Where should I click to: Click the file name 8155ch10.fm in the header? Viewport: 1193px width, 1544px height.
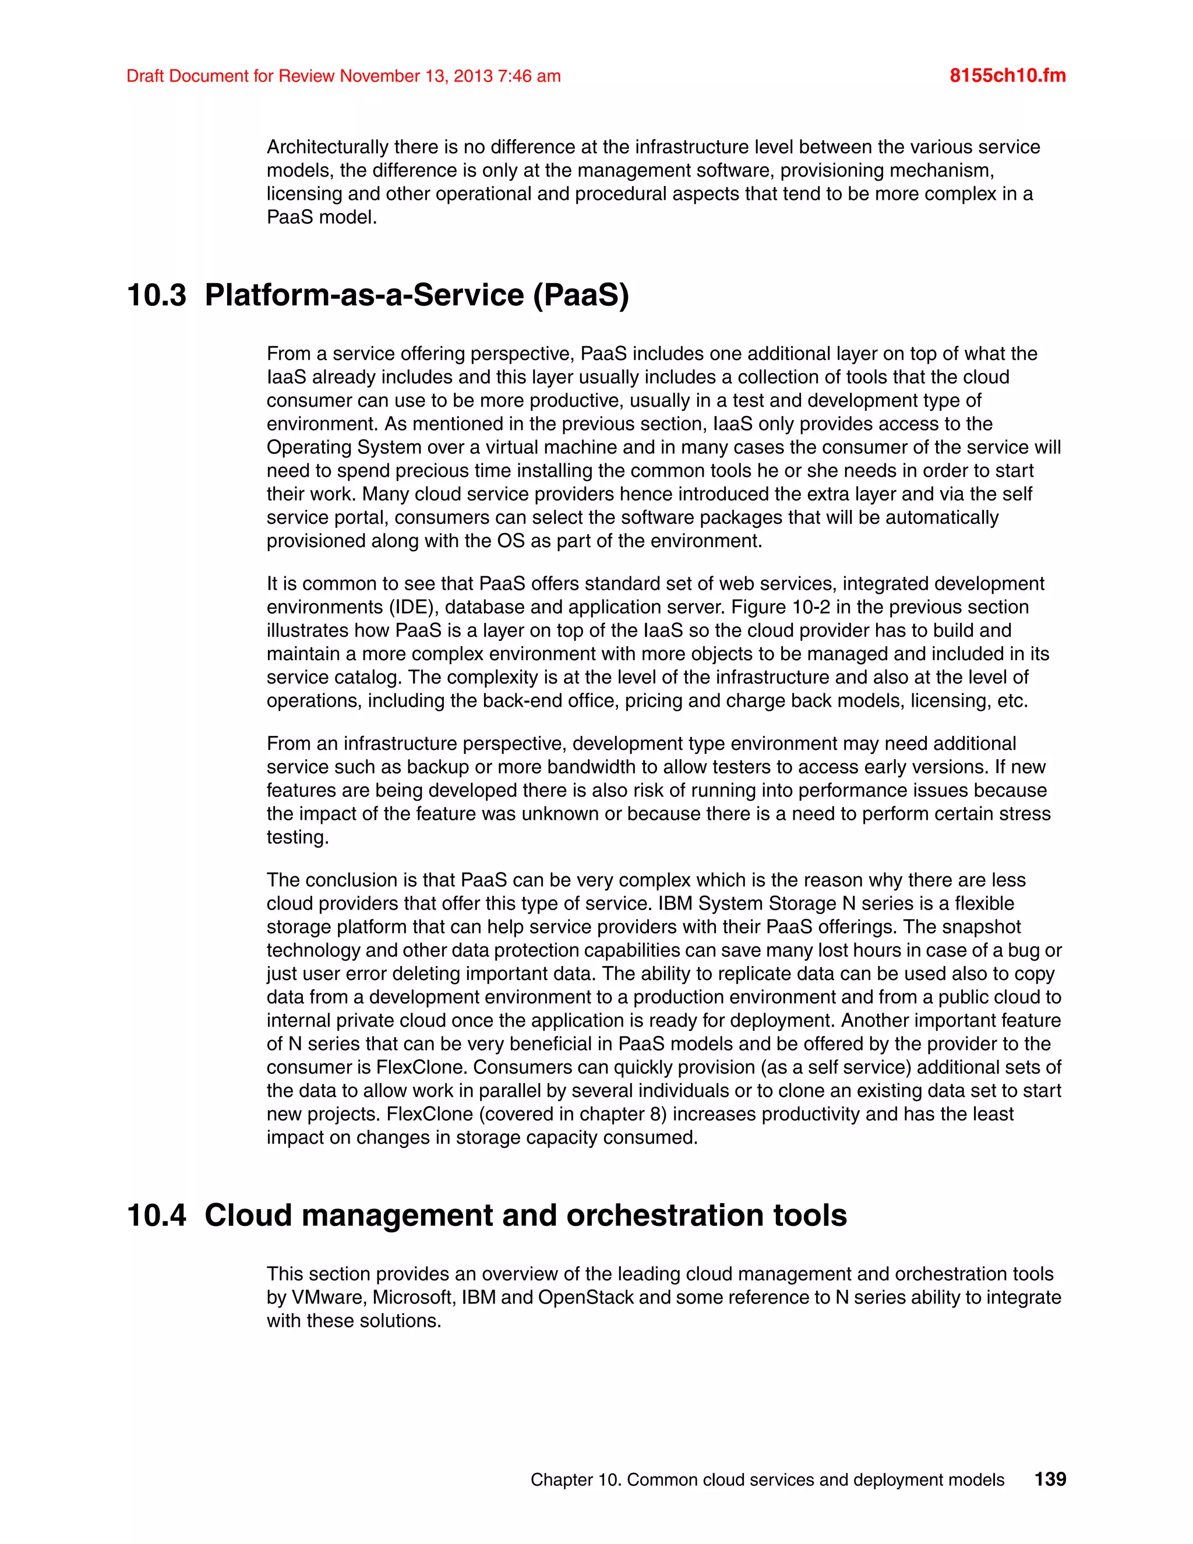(x=1007, y=76)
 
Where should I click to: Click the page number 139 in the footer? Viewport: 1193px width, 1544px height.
(x=1050, y=1479)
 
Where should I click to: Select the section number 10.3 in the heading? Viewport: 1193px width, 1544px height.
(x=156, y=295)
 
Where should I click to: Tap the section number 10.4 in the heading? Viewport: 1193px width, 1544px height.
(x=156, y=1215)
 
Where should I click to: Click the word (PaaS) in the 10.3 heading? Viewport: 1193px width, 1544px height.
(x=580, y=295)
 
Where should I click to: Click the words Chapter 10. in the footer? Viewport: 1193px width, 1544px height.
(x=576, y=1480)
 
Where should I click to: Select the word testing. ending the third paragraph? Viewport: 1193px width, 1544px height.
(x=298, y=837)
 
